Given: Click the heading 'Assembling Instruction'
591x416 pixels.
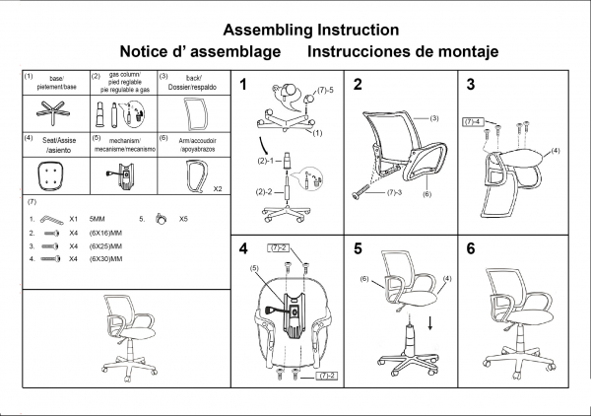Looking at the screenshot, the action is click(x=310, y=31).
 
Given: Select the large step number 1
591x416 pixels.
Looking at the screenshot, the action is click(x=243, y=85).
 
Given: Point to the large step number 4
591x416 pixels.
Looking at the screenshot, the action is click(x=243, y=248).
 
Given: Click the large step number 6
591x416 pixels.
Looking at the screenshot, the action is click(x=472, y=248).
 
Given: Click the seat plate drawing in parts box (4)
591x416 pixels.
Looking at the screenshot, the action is click(x=46, y=173).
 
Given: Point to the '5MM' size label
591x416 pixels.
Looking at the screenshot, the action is click(x=97, y=219).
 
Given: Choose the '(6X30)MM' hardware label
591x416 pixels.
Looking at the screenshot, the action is click(x=104, y=258).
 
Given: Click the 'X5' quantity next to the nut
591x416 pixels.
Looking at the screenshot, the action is click(x=184, y=219).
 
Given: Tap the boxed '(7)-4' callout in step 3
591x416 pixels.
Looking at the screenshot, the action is click(x=473, y=120).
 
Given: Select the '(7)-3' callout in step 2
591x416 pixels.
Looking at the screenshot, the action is click(x=395, y=192).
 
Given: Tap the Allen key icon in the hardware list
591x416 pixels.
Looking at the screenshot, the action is click(x=46, y=219).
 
